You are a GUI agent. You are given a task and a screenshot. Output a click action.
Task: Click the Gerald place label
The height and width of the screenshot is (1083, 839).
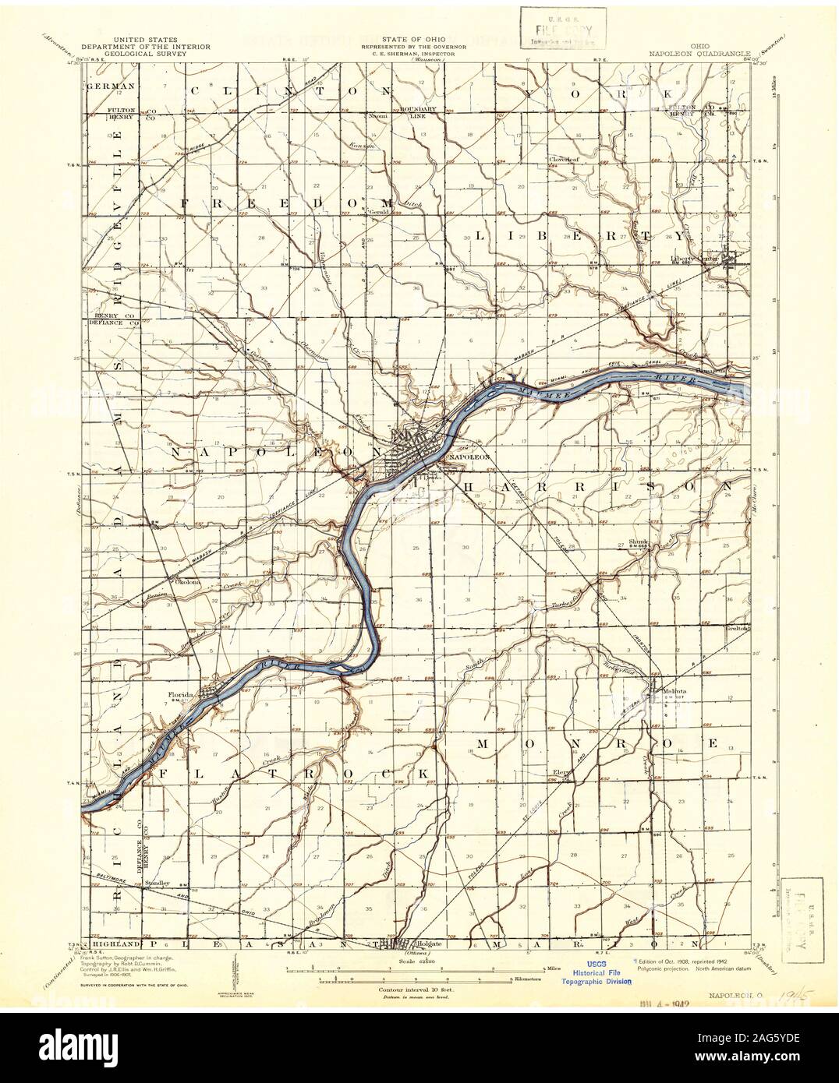tap(377, 212)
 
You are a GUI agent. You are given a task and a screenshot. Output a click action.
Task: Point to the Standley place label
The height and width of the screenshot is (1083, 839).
tap(156, 884)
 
